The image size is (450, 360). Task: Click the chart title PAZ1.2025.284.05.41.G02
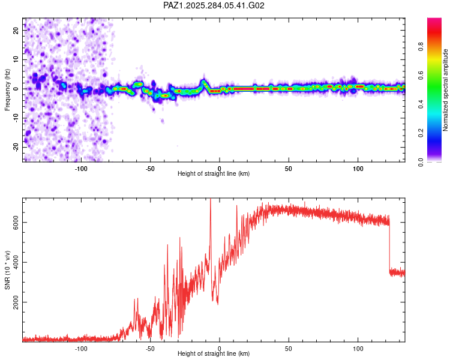click(214, 6)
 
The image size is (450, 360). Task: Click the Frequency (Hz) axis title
click(7, 90)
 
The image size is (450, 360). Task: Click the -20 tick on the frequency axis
click(15, 147)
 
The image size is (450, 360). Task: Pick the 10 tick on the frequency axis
click(16, 59)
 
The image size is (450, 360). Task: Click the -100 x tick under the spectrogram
click(81, 169)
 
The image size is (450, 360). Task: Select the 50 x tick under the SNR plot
click(289, 349)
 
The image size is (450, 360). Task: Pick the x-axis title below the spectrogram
click(214, 174)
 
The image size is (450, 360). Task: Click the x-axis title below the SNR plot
click(214, 354)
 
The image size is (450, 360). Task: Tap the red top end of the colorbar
click(434, 21)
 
